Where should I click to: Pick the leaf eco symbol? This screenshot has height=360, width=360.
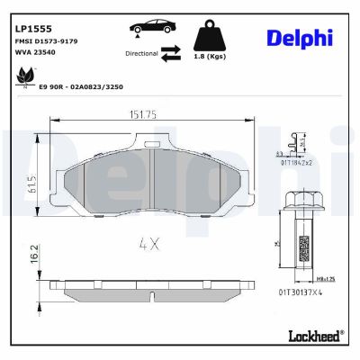click(20, 81)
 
